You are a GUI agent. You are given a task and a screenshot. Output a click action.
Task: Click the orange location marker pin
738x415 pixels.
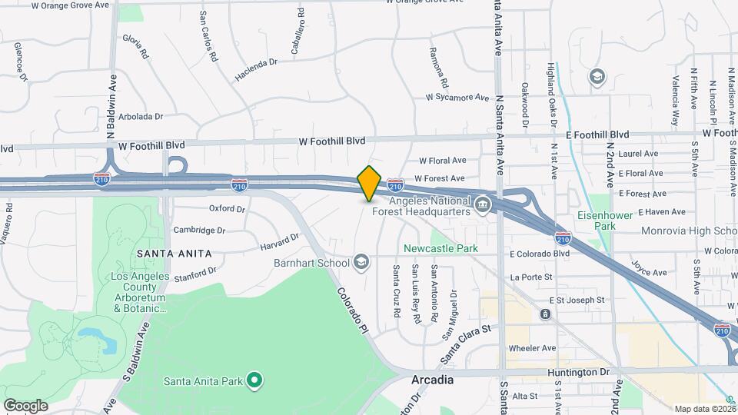369,183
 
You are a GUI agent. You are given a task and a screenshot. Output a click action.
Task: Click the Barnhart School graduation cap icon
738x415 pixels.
361,263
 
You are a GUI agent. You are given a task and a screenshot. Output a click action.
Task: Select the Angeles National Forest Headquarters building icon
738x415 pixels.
483,204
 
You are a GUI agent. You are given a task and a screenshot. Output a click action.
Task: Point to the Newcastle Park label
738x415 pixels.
441,248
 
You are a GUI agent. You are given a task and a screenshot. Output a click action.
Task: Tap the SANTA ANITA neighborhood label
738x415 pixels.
174,252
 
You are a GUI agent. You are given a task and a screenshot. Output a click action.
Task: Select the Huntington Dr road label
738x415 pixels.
579,372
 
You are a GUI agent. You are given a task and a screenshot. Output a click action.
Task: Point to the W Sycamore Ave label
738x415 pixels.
457,98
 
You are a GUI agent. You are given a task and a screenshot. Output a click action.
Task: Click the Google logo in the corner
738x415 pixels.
25,405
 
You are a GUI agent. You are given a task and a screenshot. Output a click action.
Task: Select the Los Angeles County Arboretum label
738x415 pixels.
128,292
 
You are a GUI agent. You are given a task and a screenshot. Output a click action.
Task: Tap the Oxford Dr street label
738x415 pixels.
227,208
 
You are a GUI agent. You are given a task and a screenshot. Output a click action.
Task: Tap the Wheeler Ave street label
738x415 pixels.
537,347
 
